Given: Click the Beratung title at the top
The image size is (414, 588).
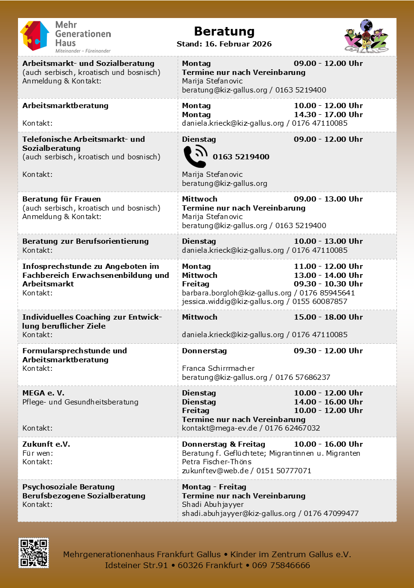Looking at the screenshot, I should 224,31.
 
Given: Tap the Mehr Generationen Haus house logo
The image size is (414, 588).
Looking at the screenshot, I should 35,36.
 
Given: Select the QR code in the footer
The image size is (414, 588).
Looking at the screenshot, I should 34,553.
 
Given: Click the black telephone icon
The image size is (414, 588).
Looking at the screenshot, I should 195,156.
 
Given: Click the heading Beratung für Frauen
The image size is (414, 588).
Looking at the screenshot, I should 62,199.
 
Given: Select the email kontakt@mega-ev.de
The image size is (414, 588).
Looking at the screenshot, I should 219,428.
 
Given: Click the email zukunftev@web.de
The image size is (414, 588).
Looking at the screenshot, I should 217,471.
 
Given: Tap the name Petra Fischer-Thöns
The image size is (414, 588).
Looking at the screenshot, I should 216,462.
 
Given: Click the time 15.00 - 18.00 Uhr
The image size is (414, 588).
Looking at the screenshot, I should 328,317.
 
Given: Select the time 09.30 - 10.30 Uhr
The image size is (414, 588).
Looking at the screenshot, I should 328,284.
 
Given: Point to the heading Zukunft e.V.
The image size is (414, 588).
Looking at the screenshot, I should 46,444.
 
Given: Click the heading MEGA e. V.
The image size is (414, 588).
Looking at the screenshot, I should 43,393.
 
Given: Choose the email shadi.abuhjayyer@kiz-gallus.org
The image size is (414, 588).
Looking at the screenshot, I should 239,514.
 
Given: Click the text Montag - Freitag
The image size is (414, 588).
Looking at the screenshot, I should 214,487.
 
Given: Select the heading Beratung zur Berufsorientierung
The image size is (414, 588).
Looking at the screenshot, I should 85,241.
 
